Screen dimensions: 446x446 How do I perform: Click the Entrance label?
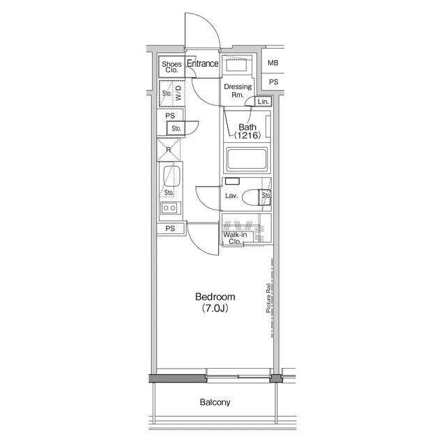203,64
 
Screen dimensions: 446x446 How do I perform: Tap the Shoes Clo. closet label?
171,68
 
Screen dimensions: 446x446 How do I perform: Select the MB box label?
273,63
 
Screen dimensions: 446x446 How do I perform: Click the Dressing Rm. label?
237,91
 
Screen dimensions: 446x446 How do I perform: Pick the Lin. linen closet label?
263,102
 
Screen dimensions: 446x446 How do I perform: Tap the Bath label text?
247,127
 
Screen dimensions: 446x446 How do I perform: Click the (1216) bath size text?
247,137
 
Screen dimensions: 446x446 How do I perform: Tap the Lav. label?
231,196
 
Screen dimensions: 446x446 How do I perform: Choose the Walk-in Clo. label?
236,239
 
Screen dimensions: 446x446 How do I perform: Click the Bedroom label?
215,296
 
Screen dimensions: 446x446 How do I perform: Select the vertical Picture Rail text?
268,299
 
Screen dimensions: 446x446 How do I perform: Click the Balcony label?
215,403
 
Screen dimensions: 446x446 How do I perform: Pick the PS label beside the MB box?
273,82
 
